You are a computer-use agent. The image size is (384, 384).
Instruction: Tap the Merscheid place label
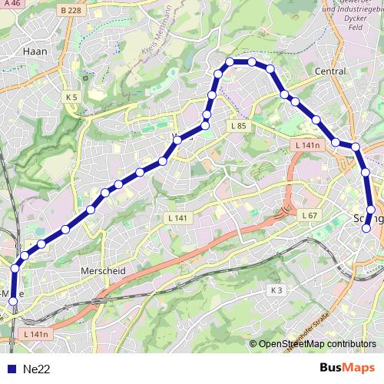pyautogui.click(x=102, y=271)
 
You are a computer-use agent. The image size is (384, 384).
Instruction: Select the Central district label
pyautogui.click(x=330, y=71)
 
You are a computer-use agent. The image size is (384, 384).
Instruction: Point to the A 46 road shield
pyautogui.click(x=11, y=5)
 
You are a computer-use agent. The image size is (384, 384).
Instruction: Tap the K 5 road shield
pyautogui.click(x=72, y=98)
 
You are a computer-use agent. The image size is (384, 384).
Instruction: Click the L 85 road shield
pyautogui.click(x=237, y=125)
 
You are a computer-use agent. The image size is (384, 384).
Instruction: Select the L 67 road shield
pyautogui.click(x=310, y=215)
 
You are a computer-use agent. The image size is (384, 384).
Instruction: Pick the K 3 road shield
pyautogui.click(x=277, y=290)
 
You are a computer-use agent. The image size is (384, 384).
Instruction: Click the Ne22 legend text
pyautogui.click(x=37, y=369)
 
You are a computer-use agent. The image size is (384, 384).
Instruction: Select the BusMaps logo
pyautogui.click(x=349, y=369)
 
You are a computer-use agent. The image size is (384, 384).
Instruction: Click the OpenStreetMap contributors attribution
pyautogui.click(x=316, y=344)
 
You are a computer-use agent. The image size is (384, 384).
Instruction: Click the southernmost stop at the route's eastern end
pyautogui.click(x=366, y=228)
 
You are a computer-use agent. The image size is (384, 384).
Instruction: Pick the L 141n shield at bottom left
pyautogui.click(x=35, y=334)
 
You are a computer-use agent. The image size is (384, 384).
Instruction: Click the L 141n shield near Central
pyautogui.click(x=306, y=144)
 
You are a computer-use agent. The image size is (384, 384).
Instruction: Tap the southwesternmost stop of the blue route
pyautogui.click(x=12, y=302)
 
